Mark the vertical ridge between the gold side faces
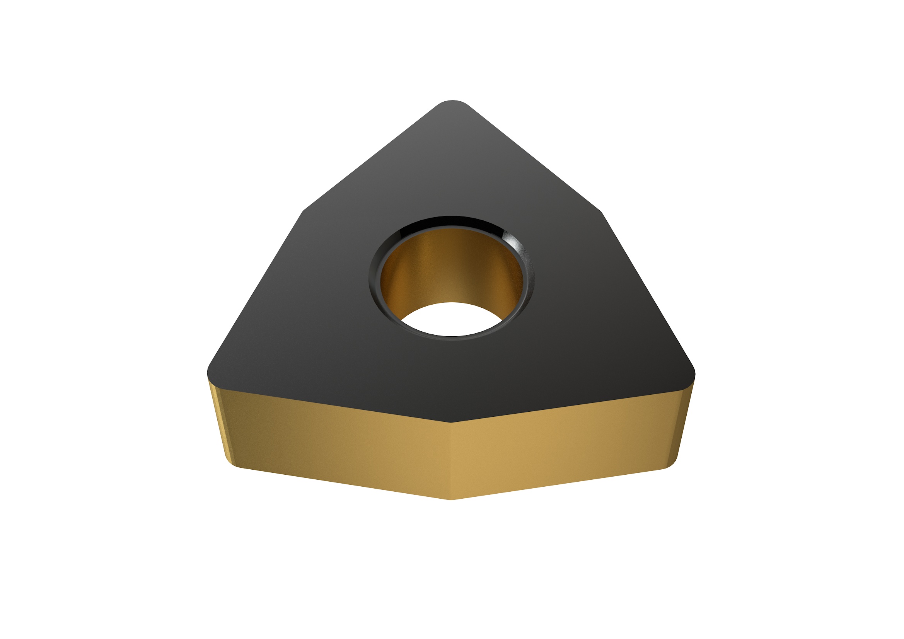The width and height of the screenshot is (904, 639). (x=451, y=461)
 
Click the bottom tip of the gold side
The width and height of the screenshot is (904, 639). (x=451, y=499)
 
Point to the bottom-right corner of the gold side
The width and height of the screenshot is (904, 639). (x=669, y=467)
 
